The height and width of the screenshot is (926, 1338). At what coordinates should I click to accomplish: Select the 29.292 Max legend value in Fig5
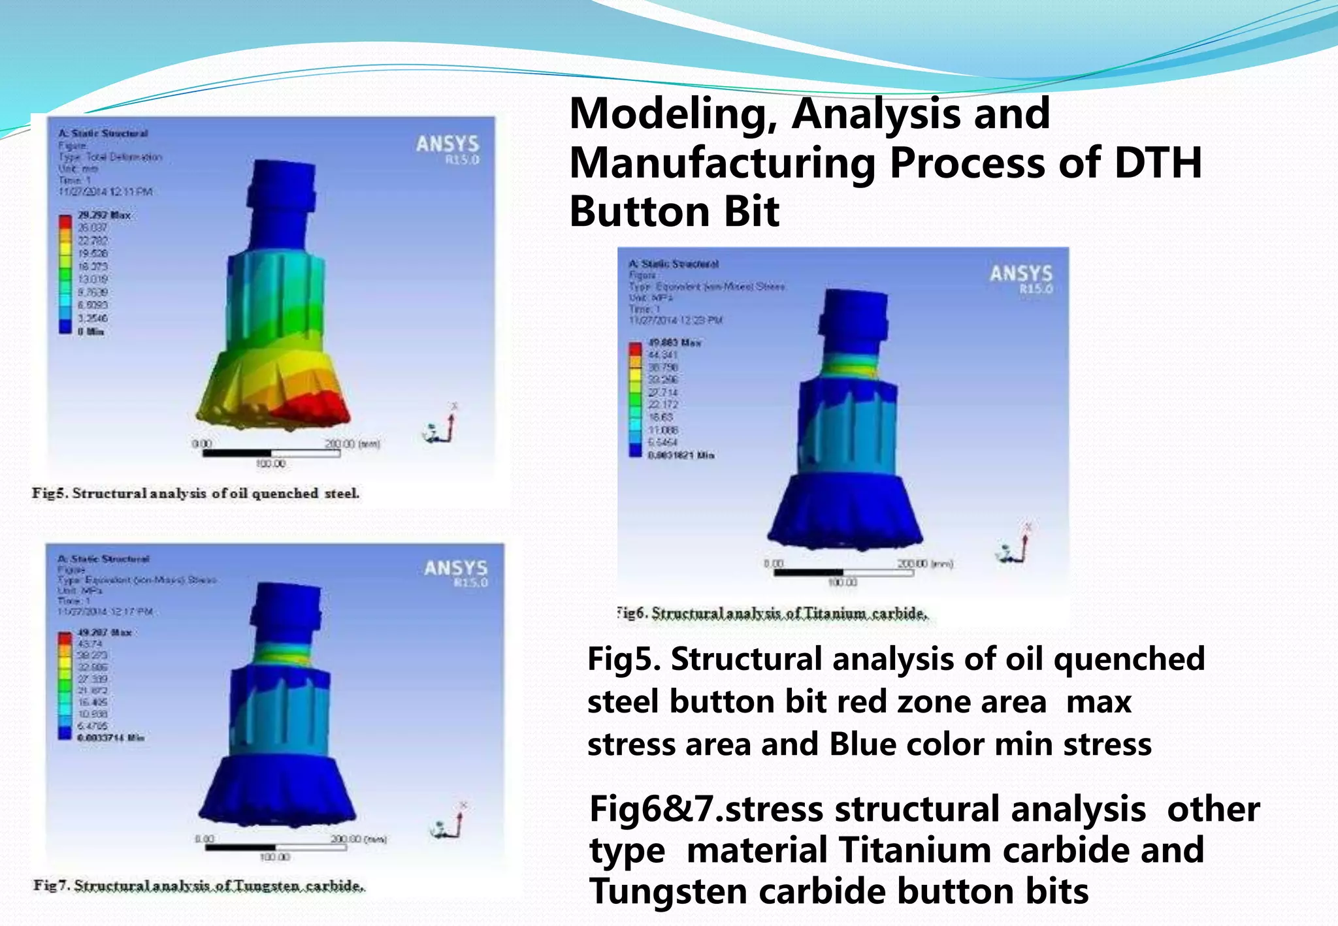[x=104, y=215]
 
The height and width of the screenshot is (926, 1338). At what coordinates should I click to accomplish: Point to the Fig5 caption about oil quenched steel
[x=195, y=494]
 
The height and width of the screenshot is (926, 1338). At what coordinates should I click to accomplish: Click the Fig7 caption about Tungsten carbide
[x=199, y=886]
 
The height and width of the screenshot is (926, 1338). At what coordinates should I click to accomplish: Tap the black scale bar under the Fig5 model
[x=237, y=453]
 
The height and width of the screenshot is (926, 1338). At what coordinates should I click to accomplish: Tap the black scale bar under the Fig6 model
[x=808, y=573]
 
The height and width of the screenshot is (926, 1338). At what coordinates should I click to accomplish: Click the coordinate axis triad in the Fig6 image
[x=1015, y=546]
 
